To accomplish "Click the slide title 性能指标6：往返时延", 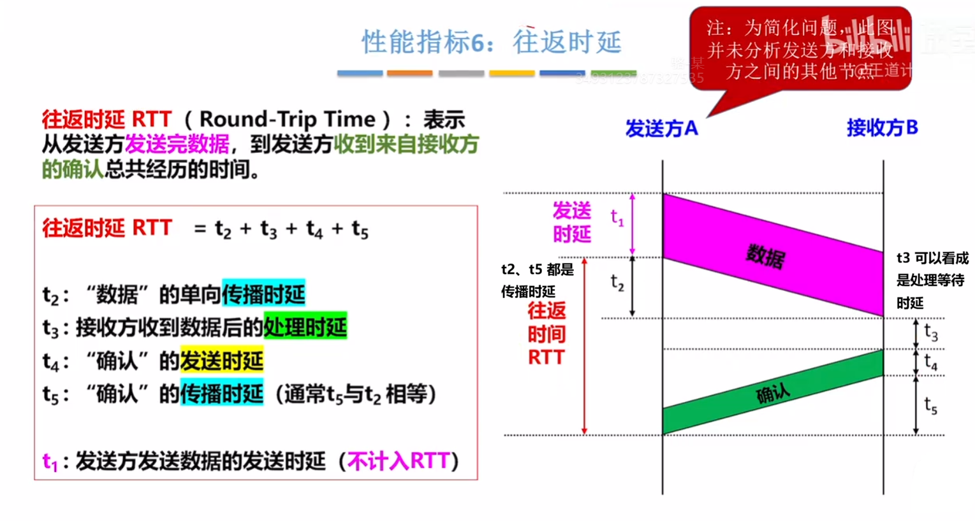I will [x=491, y=42].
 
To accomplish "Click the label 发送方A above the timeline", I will [x=661, y=129].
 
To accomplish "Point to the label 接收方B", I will [x=882, y=128].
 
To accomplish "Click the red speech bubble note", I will [x=800, y=50].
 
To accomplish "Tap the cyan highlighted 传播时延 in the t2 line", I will [x=263, y=294].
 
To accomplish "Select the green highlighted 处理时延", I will [x=305, y=327].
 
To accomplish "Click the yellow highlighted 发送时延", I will [x=221, y=360].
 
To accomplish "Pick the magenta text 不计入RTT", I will [x=399, y=460].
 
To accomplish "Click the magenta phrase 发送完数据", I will [x=177, y=145].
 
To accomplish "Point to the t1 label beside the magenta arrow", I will [x=617, y=218].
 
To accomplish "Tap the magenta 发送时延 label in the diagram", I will [x=571, y=222].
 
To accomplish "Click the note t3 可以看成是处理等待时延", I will [x=932, y=280].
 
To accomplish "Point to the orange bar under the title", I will [x=409, y=74].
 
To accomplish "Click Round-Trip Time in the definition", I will [x=287, y=119].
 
